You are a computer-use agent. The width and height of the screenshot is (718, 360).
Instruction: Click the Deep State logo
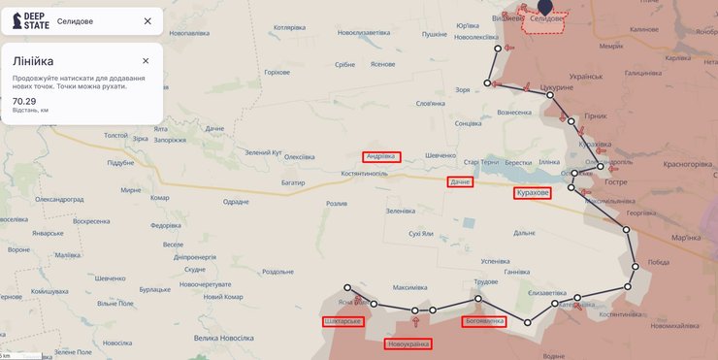tap(31, 20)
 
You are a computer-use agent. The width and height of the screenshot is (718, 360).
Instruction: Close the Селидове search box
tap(147, 20)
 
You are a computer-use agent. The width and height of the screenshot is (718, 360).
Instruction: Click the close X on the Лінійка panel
tap(146, 61)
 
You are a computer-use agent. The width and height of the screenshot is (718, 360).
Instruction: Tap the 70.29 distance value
tap(24, 101)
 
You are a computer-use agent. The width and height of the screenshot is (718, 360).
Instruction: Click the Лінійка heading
tap(33, 61)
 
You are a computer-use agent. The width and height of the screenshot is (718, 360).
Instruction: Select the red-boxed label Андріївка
tap(381, 156)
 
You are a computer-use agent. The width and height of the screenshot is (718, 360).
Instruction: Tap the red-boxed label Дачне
tap(460, 182)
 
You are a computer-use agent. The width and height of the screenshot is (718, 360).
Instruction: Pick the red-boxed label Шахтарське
tap(343, 321)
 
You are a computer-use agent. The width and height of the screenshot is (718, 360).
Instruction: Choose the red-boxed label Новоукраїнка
tap(408, 344)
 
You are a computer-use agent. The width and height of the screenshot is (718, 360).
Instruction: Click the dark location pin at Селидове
tap(545, 6)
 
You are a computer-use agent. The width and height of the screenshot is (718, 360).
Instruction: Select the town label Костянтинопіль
tap(364, 174)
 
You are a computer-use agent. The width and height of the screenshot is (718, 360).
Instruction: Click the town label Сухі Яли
tap(421, 234)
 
